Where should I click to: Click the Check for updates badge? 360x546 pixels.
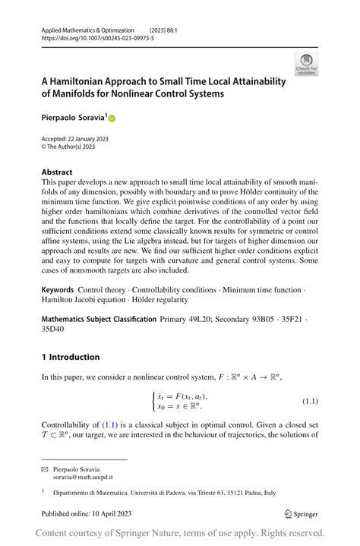point(306,65)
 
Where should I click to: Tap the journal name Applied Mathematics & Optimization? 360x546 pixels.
point(87,30)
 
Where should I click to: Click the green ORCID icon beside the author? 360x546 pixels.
point(112,118)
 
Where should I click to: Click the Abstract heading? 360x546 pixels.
point(57,172)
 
